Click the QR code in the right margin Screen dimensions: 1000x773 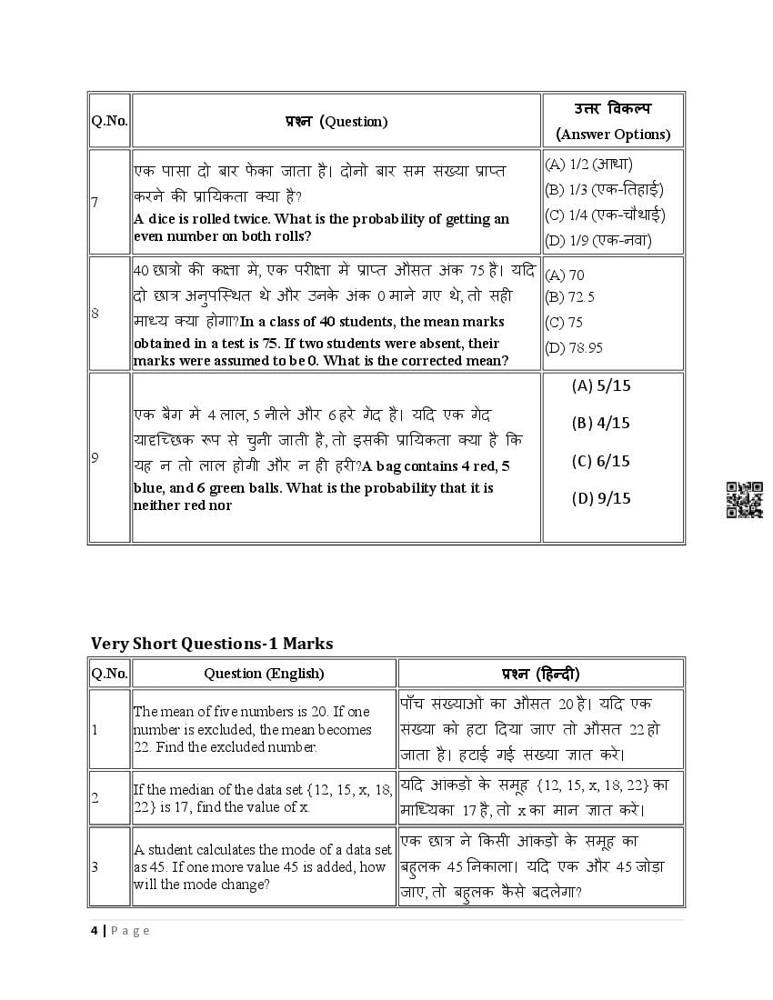pyautogui.click(x=744, y=500)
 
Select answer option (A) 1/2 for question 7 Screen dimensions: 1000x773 pyautogui.click(x=588, y=165)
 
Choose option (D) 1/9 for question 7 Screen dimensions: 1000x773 pyautogui.click(x=597, y=241)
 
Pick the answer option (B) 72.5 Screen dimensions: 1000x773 pyautogui.click(x=569, y=296)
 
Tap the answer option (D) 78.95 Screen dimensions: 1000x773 pyautogui.click(x=573, y=347)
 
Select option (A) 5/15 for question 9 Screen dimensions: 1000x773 pyautogui.click(x=600, y=385)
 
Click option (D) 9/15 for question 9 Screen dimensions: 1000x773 pyautogui.click(x=600, y=498)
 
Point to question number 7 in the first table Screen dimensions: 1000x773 pyautogui.click(x=95, y=202)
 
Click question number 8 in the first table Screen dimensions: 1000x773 pyautogui.click(x=95, y=314)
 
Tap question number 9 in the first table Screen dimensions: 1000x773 pyautogui.click(x=95, y=458)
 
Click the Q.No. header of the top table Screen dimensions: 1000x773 pyautogui.click(x=109, y=121)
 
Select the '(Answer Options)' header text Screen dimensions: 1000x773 pyautogui.click(x=613, y=135)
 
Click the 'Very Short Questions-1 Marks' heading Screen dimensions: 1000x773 pyautogui.click(x=212, y=644)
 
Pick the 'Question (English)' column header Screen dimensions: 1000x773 pyautogui.click(x=264, y=674)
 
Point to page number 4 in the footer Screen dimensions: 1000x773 pyautogui.click(x=94, y=930)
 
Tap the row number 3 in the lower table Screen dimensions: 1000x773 pyautogui.click(x=95, y=866)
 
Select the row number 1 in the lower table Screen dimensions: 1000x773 pyautogui.click(x=95, y=729)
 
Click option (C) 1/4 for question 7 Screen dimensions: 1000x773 pyautogui.click(x=604, y=215)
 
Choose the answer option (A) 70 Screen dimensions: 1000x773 pyautogui.click(x=564, y=274)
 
